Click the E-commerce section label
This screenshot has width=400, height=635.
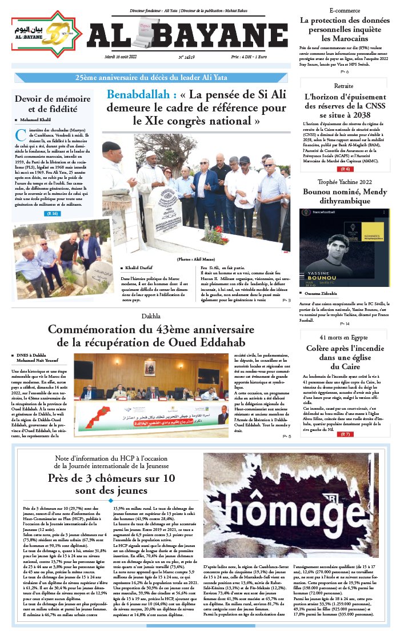coord(345,11)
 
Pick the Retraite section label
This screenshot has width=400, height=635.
coord(344,86)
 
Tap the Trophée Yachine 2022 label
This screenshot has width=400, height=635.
coord(345,181)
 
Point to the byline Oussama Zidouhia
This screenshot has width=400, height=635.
coord(329,293)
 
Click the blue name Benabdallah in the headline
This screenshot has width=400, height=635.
coord(141,95)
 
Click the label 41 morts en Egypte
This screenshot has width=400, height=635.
coord(344,337)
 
